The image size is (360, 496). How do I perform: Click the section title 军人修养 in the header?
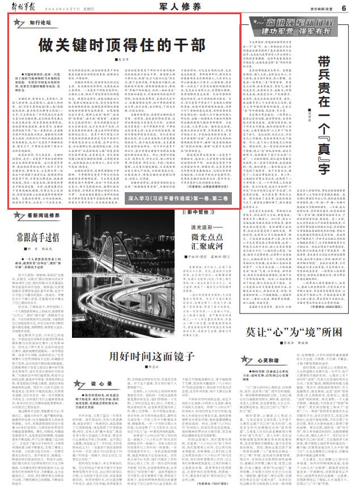180,7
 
